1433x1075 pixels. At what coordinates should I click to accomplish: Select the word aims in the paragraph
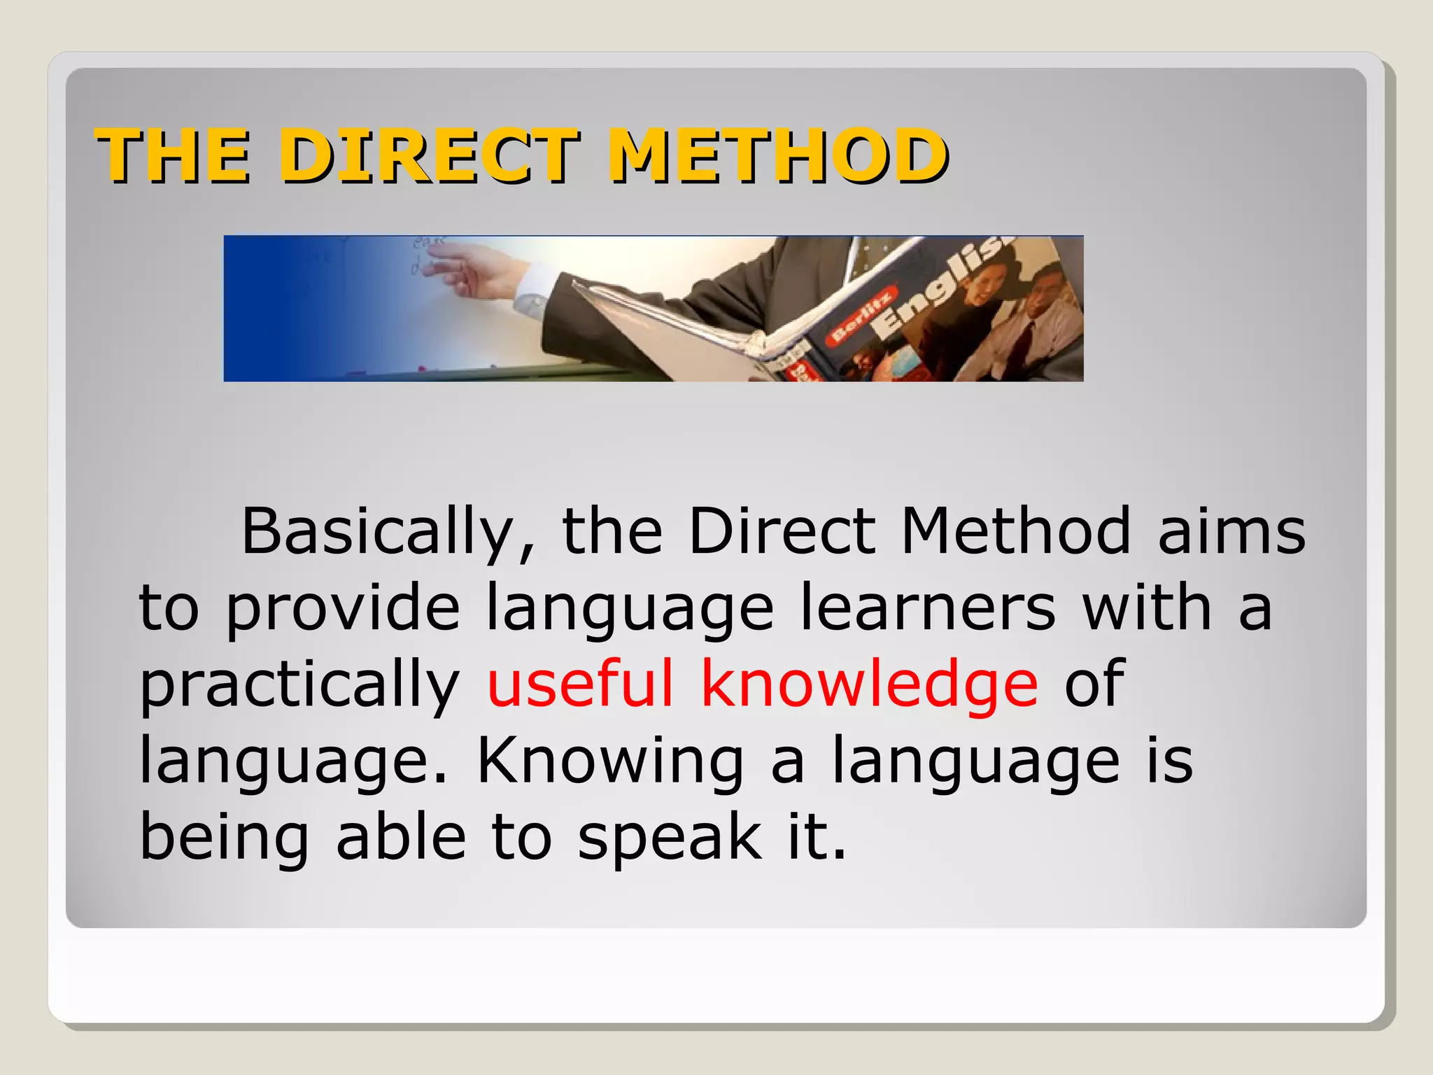coord(1231,532)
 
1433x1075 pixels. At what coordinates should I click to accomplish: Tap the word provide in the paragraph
coord(343,609)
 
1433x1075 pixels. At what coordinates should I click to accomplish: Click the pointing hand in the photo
coord(476,273)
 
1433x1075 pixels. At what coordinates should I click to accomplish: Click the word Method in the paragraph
coord(1015,532)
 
